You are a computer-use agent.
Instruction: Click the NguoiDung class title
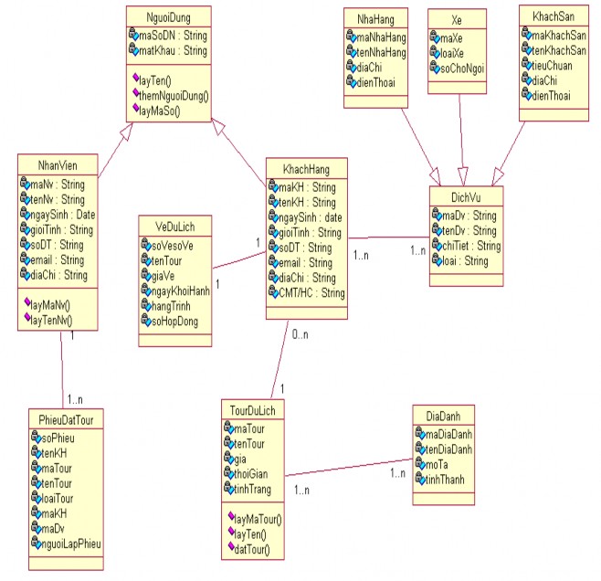[x=168, y=16]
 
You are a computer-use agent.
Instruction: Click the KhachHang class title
[x=306, y=170]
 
